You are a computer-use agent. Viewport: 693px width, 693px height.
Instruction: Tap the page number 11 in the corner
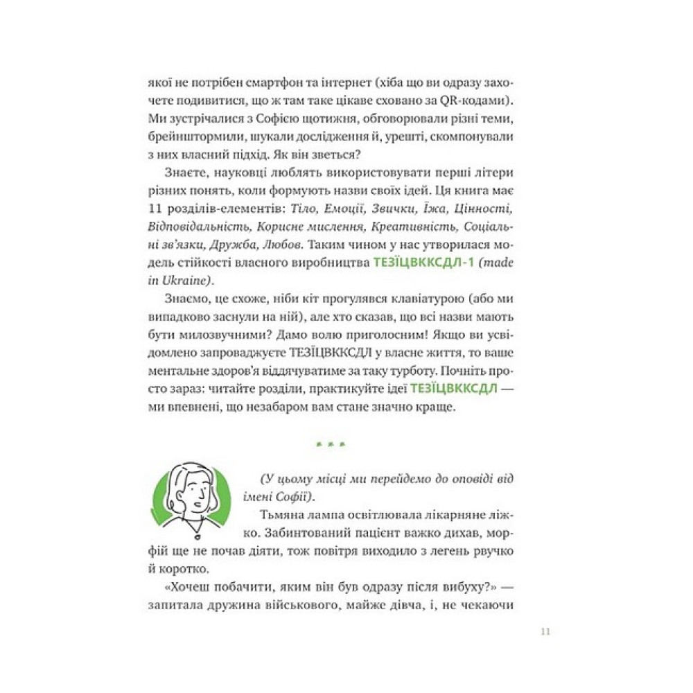point(544,631)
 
